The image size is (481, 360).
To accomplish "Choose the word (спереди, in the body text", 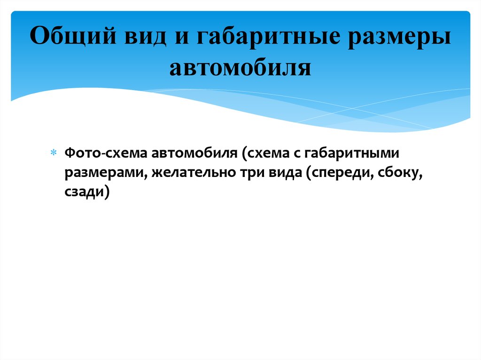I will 343,173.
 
